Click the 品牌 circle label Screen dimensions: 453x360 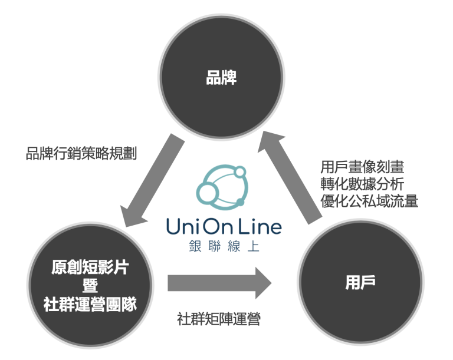(221, 77)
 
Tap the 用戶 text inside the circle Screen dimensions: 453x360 (360, 282)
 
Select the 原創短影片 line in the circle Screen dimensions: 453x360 (90, 267)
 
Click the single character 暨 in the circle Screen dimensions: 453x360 (90, 286)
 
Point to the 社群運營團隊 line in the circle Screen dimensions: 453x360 (90, 305)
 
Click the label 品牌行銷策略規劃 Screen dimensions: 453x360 (81, 153)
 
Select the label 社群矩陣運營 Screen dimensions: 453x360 (219, 319)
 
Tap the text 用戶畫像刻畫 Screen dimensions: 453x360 (362, 167)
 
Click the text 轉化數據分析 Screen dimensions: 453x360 (362, 184)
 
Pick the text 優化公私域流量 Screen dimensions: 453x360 (369, 201)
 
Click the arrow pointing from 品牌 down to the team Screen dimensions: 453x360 (153, 180)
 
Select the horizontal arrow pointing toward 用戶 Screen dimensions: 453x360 (219, 283)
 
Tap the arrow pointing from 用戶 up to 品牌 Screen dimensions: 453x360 (290, 177)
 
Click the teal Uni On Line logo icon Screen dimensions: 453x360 (222, 187)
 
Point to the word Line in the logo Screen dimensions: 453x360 (260, 226)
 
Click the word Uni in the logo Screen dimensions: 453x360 (182, 226)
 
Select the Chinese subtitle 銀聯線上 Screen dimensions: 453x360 (224, 246)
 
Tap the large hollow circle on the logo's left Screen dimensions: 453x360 (208, 193)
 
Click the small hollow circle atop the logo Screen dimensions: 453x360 (240, 173)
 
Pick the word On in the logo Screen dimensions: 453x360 (218, 226)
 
